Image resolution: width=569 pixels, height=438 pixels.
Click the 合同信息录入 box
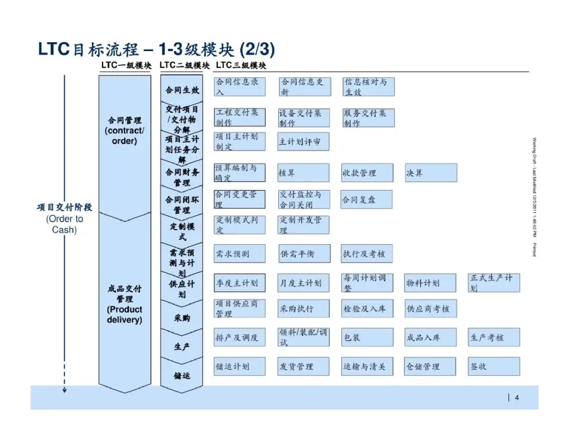[240, 87]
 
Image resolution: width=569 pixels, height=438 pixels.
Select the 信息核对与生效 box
[368, 87]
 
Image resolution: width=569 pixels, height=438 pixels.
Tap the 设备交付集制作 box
[303, 118]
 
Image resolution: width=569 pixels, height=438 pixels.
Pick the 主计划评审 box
[303, 142]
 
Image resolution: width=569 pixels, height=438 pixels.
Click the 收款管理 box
[367, 173]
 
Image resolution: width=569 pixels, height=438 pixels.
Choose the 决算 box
[430, 173]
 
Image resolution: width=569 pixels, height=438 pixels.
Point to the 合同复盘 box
[367, 200]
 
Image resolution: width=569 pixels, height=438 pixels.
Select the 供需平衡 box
[305, 254]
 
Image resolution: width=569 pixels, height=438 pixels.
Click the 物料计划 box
[430, 283]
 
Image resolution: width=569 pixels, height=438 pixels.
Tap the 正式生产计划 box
[494, 283]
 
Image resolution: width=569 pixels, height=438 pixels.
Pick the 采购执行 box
[303, 309]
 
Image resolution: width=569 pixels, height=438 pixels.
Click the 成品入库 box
[430, 337]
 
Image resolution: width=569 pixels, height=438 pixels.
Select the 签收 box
[494, 366]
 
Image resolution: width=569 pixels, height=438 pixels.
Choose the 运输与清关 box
[367, 366]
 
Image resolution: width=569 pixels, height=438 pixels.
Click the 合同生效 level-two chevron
[182, 90]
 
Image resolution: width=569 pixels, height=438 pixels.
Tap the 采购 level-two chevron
[182, 318]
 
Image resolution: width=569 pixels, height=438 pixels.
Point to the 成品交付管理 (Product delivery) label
[125, 304]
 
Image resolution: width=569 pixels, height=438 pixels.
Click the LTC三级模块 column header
[241, 65]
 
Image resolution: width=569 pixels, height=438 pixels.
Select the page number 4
[517, 397]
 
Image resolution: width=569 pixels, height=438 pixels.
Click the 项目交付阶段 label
[64, 207]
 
